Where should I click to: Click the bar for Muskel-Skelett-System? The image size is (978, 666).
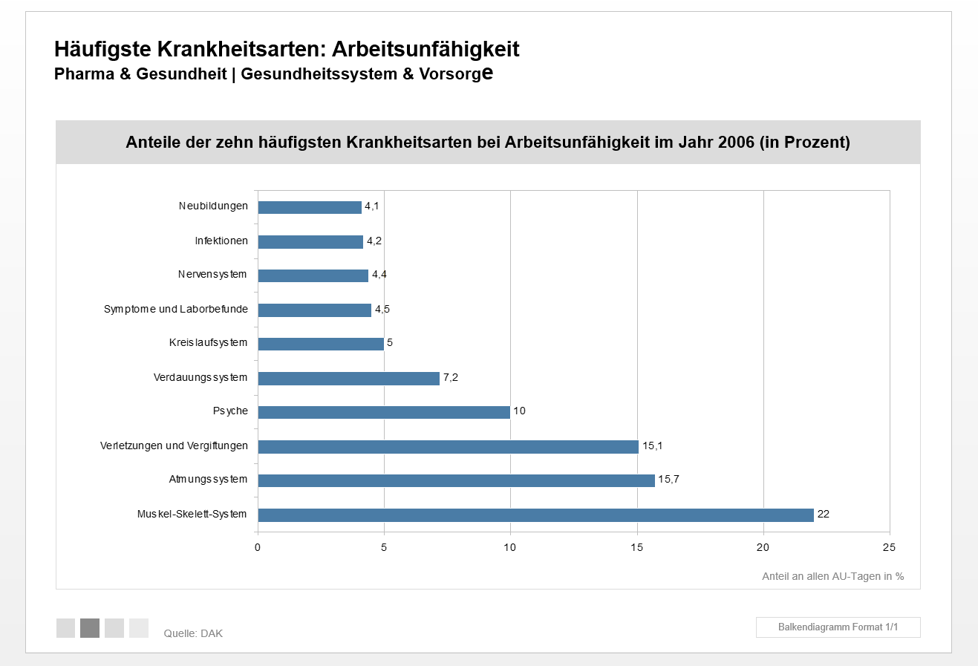click(535, 515)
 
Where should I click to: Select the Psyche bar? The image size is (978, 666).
click(384, 412)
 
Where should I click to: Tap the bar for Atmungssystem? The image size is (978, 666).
click(456, 480)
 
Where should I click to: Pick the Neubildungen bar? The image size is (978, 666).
click(310, 207)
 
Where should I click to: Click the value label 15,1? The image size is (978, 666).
click(653, 445)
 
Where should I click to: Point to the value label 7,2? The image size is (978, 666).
click(451, 377)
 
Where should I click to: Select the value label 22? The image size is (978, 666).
click(823, 514)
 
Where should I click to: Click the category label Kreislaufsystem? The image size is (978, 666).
click(209, 343)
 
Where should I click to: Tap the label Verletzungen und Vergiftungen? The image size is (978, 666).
click(175, 445)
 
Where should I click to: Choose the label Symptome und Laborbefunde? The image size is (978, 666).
click(176, 309)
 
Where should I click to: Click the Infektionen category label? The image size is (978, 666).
click(221, 241)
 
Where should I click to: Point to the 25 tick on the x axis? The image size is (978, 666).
click(889, 547)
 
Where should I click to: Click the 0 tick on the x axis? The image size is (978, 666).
click(258, 547)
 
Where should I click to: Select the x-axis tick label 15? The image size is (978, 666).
click(637, 547)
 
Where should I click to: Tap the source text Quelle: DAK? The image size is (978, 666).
click(193, 633)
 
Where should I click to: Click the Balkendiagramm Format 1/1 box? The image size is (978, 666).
click(838, 627)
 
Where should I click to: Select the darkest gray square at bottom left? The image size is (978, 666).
click(90, 628)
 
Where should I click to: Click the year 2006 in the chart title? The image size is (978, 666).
click(737, 142)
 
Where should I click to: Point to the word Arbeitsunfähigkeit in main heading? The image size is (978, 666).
click(426, 49)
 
